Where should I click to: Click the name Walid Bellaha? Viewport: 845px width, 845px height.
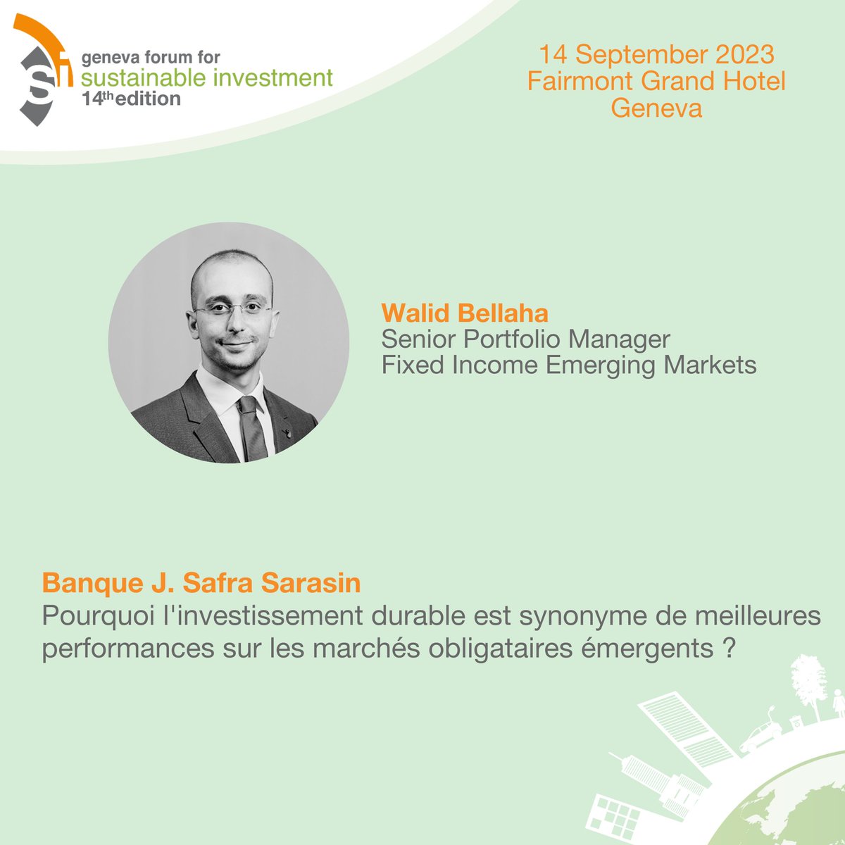[x=464, y=313]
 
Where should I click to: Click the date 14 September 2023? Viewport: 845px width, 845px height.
[x=656, y=54]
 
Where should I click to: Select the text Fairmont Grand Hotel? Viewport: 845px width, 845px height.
[x=656, y=81]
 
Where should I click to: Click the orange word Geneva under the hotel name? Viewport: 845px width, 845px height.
[x=656, y=108]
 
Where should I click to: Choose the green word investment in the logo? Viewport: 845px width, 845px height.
[x=275, y=77]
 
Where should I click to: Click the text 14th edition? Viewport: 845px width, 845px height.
[x=131, y=99]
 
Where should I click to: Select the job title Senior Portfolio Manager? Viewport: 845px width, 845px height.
[x=525, y=339]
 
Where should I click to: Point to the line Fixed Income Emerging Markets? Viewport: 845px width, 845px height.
[x=569, y=365]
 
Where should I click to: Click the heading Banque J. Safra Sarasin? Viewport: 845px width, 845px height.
[x=201, y=583]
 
